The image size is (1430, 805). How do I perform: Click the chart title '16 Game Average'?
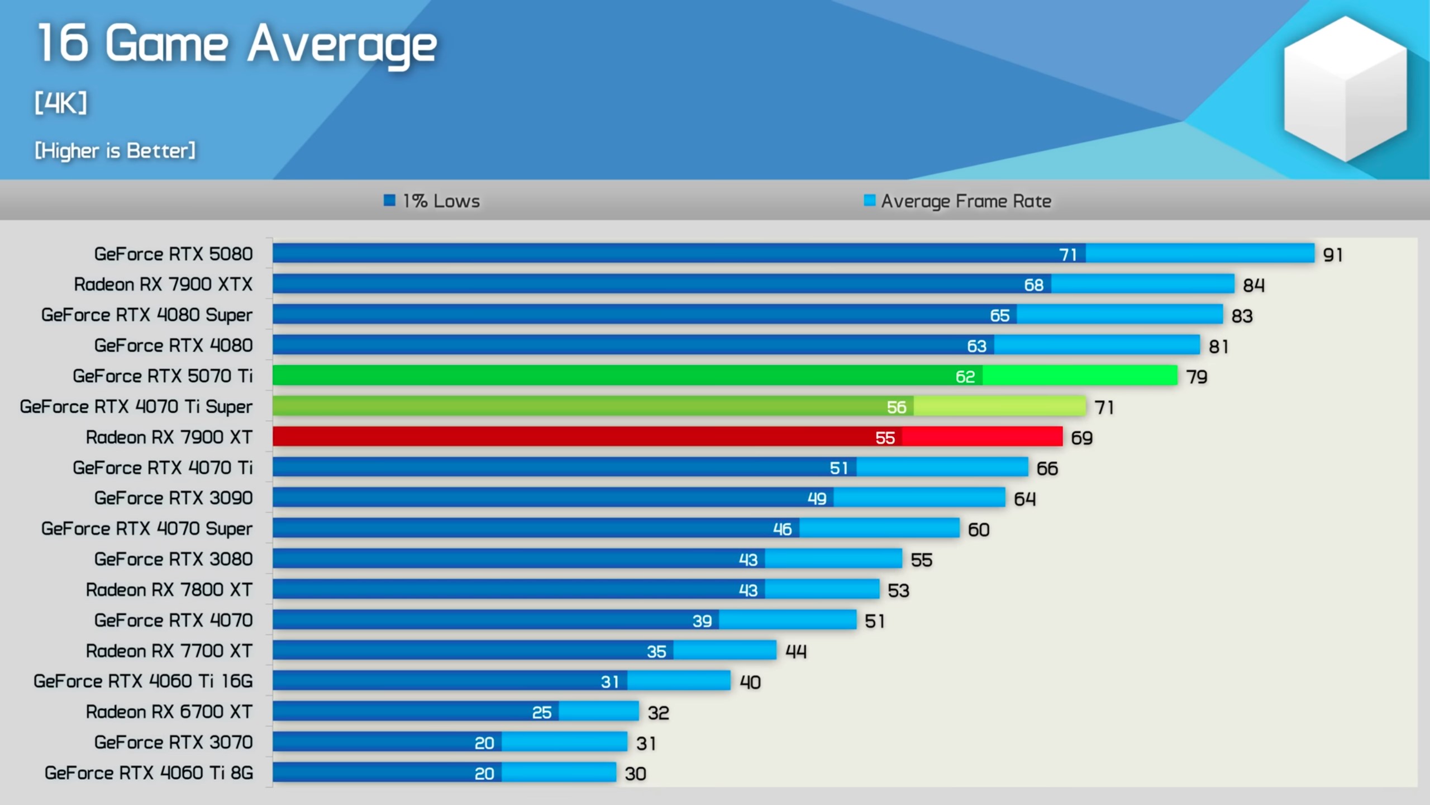point(237,45)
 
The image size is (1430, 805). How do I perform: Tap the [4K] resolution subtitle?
point(61,103)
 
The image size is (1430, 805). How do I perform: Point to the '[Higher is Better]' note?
point(115,150)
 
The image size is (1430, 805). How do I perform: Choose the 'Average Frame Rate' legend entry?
point(957,201)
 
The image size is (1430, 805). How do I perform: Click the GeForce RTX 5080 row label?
point(173,254)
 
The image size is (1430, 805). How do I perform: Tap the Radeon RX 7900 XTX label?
point(163,285)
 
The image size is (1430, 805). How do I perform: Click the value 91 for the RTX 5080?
point(1333,255)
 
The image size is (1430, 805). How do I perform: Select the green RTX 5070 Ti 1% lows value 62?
point(965,377)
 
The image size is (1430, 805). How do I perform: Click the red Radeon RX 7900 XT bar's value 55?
point(885,438)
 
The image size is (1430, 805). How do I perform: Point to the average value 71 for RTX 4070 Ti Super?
point(1104,408)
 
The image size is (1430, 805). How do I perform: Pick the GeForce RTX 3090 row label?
point(173,498)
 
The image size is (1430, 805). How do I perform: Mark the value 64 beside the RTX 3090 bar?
point(1024,499)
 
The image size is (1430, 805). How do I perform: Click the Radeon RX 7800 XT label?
point(169,590)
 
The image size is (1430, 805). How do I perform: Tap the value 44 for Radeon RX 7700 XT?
point(796,651)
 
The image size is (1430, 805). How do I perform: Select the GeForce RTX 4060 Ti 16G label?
point(143,681)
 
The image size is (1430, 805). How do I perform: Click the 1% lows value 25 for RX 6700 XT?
point(541,712)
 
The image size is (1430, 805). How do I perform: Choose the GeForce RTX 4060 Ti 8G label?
point(149,773)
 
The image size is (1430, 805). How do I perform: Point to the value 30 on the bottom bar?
point(635,774)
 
